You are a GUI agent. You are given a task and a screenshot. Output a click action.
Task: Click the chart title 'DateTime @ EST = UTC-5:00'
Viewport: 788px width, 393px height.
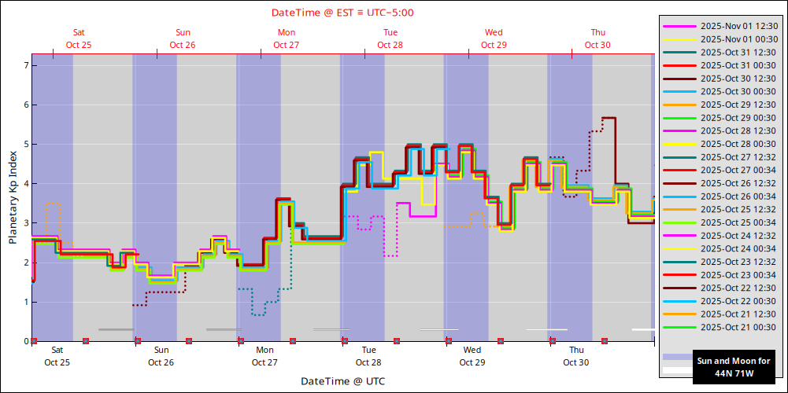[342, 13]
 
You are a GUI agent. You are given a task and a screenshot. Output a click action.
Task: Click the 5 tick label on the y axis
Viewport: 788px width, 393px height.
[26, 144]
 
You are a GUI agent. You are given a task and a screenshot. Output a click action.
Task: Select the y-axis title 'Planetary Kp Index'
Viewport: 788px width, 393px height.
[13, 197]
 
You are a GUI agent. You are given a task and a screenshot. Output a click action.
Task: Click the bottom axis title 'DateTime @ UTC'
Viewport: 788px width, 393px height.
[342, 381]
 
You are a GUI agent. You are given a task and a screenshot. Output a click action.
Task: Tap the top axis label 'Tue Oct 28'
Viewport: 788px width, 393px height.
[390, 39]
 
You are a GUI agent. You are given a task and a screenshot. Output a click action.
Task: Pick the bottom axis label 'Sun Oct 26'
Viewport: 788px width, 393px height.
[161, 356]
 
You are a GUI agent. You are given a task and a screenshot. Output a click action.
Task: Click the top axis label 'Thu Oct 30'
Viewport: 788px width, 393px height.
[597, 39]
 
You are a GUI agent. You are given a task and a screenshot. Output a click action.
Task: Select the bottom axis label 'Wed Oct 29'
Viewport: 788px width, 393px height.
[472, 356]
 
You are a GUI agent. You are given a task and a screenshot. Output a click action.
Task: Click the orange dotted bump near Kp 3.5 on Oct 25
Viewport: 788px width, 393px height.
[53, 204]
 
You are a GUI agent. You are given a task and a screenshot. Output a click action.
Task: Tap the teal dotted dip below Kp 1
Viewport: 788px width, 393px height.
[258, 314]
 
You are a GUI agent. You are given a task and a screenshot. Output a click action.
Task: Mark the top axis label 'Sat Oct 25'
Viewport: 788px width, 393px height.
[79, 39]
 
